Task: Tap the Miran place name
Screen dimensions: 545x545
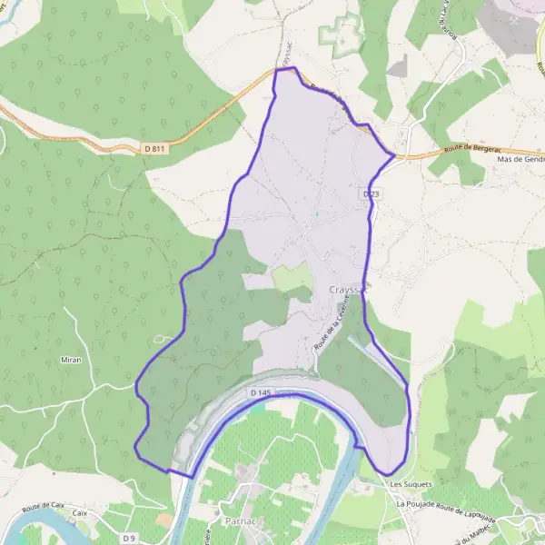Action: [x=72, y=360]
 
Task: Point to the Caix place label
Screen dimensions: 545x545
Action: [x=80, y=513]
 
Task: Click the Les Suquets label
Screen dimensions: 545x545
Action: [x=411, y=484]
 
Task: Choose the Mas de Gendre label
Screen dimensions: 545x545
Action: [x=520, y=159]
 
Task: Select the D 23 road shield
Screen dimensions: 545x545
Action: [x=371, y=194]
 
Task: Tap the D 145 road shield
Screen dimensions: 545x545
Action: [x=260, y=392]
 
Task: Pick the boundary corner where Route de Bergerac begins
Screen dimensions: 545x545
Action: [x=394, y=156]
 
